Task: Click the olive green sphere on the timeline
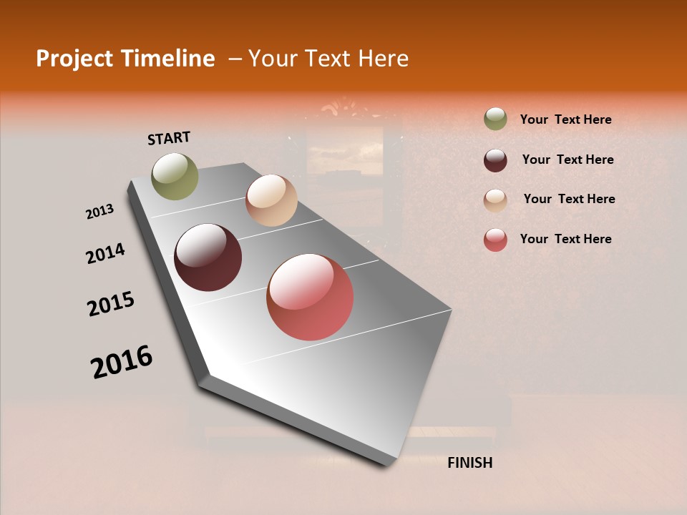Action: [x=175, y=176]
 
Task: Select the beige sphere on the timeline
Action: [x=271, y=200]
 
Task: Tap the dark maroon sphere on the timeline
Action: [x=208, y=257]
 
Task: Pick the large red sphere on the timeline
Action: [x=310, y=297]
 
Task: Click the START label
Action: [x=169, y=138]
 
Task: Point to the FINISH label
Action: [x=470, y=463]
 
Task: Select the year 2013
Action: [x=99, y=212]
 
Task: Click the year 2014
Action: [x=105, y=254]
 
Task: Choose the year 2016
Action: [x=122, y=362]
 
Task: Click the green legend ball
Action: [x=495, y=119]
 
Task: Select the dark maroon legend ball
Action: [x=495, y=160]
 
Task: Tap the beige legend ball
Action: [x=495, y=200]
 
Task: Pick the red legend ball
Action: [x=495, y=240]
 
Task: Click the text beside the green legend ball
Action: [x=565, y=119]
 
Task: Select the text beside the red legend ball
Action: [x=565, y=239]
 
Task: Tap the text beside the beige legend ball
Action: [x=569, y=199]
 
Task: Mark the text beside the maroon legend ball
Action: [x=567, y=160]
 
